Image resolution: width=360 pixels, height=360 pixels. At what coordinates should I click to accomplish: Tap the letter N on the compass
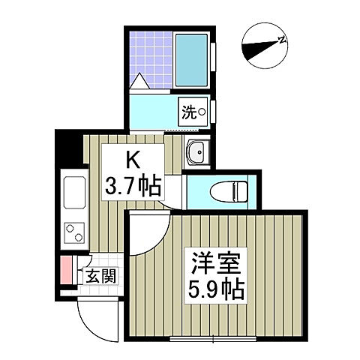point(282,40)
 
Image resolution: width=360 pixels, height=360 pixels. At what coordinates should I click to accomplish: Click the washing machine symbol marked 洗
point(193,112)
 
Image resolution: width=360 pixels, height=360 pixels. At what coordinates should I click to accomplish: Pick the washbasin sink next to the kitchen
point(198,152)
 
